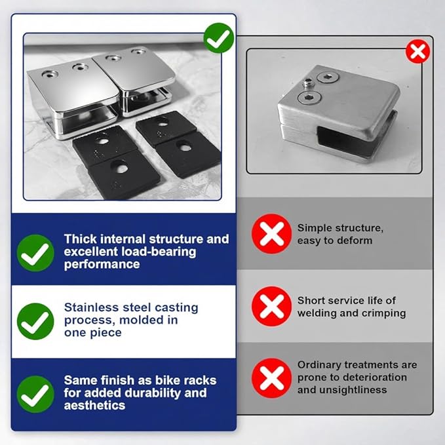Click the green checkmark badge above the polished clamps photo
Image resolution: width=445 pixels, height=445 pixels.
(x=219, y=38)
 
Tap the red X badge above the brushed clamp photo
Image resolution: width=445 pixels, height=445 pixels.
(x=417, y=51)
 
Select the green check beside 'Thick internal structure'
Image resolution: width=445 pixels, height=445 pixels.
(x=35, y=253)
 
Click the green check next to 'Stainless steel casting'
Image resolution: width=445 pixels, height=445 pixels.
(x=35, y=322)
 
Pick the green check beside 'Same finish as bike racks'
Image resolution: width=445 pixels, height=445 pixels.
(x=35, y=394)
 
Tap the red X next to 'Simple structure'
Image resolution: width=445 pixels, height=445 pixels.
(x=271, y=233)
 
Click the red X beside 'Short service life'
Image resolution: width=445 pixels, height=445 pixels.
(x=271, y=306)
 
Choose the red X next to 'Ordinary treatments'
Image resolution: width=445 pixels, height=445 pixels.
(x=271, y=378)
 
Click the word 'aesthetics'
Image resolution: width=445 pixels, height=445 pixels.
(x=94, y=405)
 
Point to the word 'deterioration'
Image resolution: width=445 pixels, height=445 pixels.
(x=375, y=377)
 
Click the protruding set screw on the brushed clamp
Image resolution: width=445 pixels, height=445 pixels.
(x=307, y=84)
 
